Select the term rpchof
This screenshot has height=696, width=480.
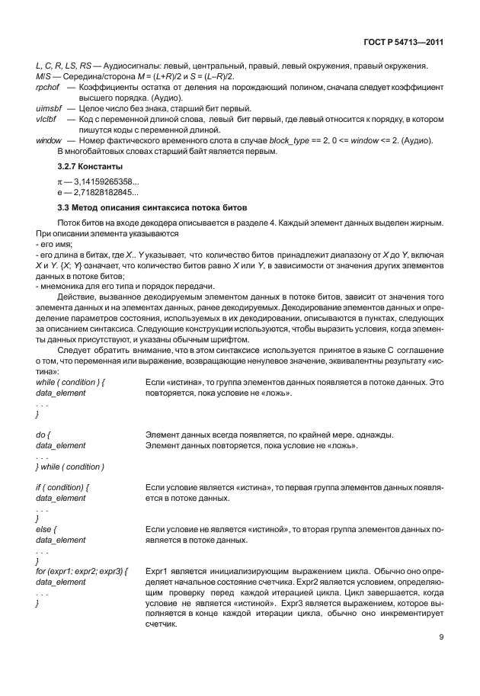tap(48, 88)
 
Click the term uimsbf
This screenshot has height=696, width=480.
tap(49, 110)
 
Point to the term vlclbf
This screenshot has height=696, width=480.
tap(47, 120)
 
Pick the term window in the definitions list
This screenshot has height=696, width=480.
tap(50, 142)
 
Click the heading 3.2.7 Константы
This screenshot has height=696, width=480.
tap(94, 165)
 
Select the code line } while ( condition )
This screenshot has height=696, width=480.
tap(70, 467)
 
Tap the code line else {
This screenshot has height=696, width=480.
tap(46, 529)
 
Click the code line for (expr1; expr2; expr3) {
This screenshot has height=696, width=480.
tap(82, 571)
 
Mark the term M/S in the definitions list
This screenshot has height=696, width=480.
tap(43, 78)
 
